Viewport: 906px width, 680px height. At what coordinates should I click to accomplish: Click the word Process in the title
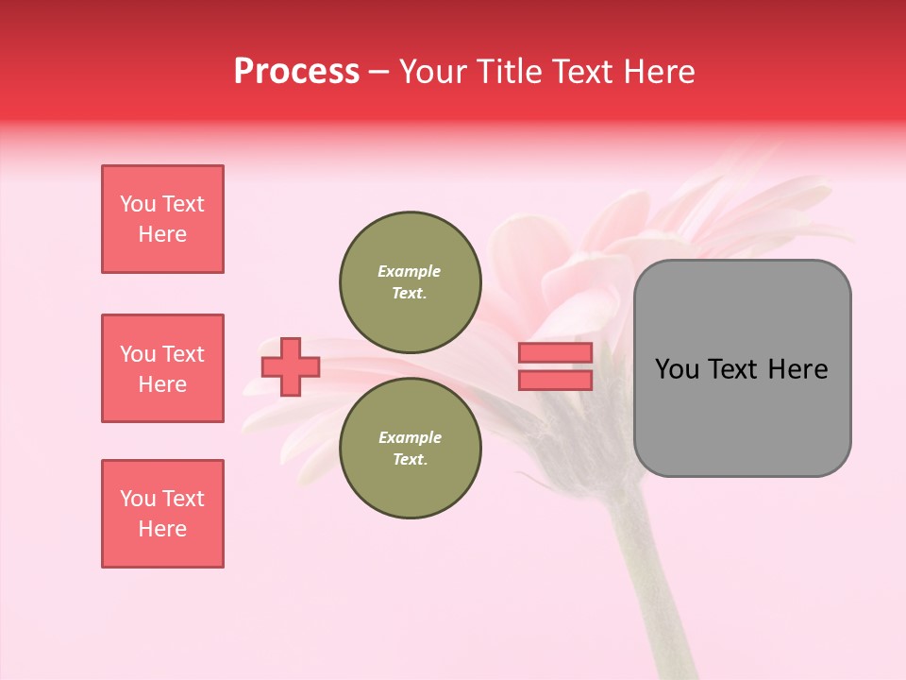click(296, 72)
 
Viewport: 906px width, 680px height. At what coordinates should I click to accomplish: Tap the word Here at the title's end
click(659, 72)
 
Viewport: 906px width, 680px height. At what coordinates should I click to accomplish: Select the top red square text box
click(162, 219)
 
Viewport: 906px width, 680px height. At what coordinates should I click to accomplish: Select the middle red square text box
click(162, 368)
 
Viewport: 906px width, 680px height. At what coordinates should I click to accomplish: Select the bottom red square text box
click(162, 514)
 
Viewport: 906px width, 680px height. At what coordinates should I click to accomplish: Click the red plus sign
click(291, 366)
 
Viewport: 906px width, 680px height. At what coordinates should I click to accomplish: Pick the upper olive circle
click(411, 281)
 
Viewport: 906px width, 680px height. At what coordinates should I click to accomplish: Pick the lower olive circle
click(411, 448)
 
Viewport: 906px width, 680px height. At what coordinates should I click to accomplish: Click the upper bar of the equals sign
click(555, 353)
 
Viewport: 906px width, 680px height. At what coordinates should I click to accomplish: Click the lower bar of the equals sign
click(555, 380)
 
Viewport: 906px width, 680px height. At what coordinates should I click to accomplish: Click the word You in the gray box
click(677, 369)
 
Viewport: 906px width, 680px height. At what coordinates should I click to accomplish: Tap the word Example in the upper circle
click(410, 271)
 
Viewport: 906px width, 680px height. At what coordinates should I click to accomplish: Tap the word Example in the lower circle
click(410, 437)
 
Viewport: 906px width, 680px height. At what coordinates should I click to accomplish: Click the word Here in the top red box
click(162, 234)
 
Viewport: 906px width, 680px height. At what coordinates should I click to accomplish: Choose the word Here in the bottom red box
click(162, 529)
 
